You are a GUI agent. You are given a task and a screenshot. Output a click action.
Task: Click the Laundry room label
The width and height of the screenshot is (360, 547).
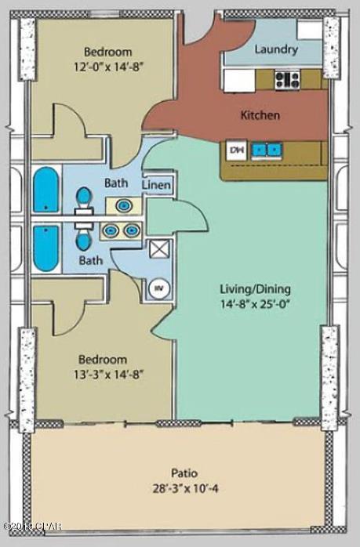(276, 49)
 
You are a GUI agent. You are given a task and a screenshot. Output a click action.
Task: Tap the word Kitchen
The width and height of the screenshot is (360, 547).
(260, 115)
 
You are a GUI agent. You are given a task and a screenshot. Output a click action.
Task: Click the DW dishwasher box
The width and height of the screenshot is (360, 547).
(235, 148)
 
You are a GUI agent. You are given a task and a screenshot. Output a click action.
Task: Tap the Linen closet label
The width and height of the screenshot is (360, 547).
(157, 185)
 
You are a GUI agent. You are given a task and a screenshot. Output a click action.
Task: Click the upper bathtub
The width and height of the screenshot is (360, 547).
(45, 189)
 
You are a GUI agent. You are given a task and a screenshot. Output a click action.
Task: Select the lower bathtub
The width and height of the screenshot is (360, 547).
(45, 245)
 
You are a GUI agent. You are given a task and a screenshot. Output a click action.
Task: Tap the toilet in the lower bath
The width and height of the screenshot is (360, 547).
(83, 234)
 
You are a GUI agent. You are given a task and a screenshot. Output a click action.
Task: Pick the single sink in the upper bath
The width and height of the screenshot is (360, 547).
(124, 205)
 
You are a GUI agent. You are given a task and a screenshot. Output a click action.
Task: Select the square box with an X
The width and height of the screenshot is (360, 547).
(159, 251)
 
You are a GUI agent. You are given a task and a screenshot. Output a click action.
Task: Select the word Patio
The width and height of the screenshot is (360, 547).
(184, 473)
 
